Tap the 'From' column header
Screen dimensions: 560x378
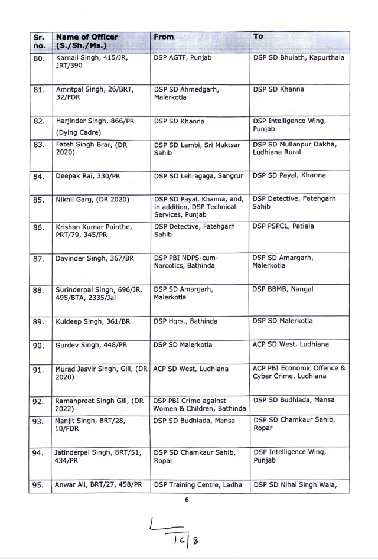click(164, 37)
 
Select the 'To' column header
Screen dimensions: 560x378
click(258, 37)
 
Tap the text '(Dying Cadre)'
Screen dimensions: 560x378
click(79, 132)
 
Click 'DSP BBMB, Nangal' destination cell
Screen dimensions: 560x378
click(283, 289)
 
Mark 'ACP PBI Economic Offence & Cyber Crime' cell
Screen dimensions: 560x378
click(299, 372)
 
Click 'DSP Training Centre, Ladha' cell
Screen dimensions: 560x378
click(198, 485)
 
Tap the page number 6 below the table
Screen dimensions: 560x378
click(187, 499)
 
